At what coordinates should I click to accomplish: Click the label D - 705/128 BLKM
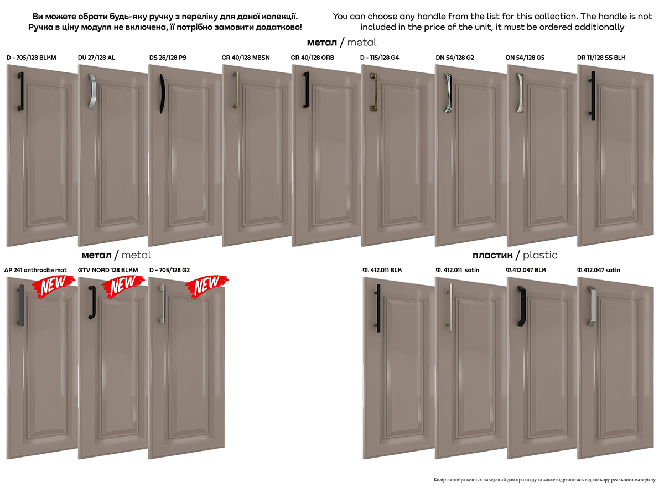coord(32,58)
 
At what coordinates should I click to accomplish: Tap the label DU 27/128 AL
coord(96,58)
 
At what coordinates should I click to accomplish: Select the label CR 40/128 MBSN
coord(246,58)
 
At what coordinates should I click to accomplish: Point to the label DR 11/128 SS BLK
coord(601,58)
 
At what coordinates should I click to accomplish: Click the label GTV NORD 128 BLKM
coord(108,270)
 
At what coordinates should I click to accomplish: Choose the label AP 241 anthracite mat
coord(35,270)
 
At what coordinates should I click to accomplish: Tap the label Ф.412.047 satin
coord(598,270)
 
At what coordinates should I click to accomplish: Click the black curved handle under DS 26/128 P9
coord(162,94)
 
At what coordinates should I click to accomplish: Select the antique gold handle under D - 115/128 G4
coord(374,91)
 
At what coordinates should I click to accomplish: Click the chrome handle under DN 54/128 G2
coord(448,93)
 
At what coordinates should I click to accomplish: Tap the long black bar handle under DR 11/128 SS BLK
coord(593,96)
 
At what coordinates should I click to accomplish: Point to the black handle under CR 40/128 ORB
coord(307,90)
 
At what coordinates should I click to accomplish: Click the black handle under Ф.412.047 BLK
coord(522,306)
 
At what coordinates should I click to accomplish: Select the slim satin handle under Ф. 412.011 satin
coord(450,307)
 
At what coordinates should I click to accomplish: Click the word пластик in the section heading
coord(492,255)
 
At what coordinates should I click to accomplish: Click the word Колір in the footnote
coord(439,480)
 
